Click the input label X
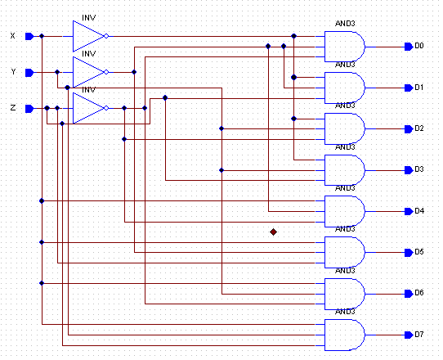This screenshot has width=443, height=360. (11, 36)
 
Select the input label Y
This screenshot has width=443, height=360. (12, 72)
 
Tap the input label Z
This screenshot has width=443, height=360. (11, 108)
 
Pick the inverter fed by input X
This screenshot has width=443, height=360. (89, 36)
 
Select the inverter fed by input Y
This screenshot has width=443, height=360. (89, 72)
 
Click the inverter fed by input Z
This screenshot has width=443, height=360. (89, 108)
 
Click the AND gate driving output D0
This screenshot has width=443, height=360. (344, 47)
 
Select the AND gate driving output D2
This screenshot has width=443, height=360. (344, 129)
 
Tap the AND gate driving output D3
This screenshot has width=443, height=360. (344, 170)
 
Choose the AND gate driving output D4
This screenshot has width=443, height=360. (344, 211)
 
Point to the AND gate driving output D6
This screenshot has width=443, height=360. (344, 294)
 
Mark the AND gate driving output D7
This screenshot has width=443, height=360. (344, 335)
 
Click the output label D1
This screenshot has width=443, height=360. (418, 87)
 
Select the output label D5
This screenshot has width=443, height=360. (418, 252)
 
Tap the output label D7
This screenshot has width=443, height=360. (418, 335)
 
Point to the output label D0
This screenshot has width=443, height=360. (418, 46)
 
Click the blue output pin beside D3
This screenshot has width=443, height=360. (408, 170)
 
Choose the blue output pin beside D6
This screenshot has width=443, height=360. (408, 294)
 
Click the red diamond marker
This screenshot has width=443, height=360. (274, 232)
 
